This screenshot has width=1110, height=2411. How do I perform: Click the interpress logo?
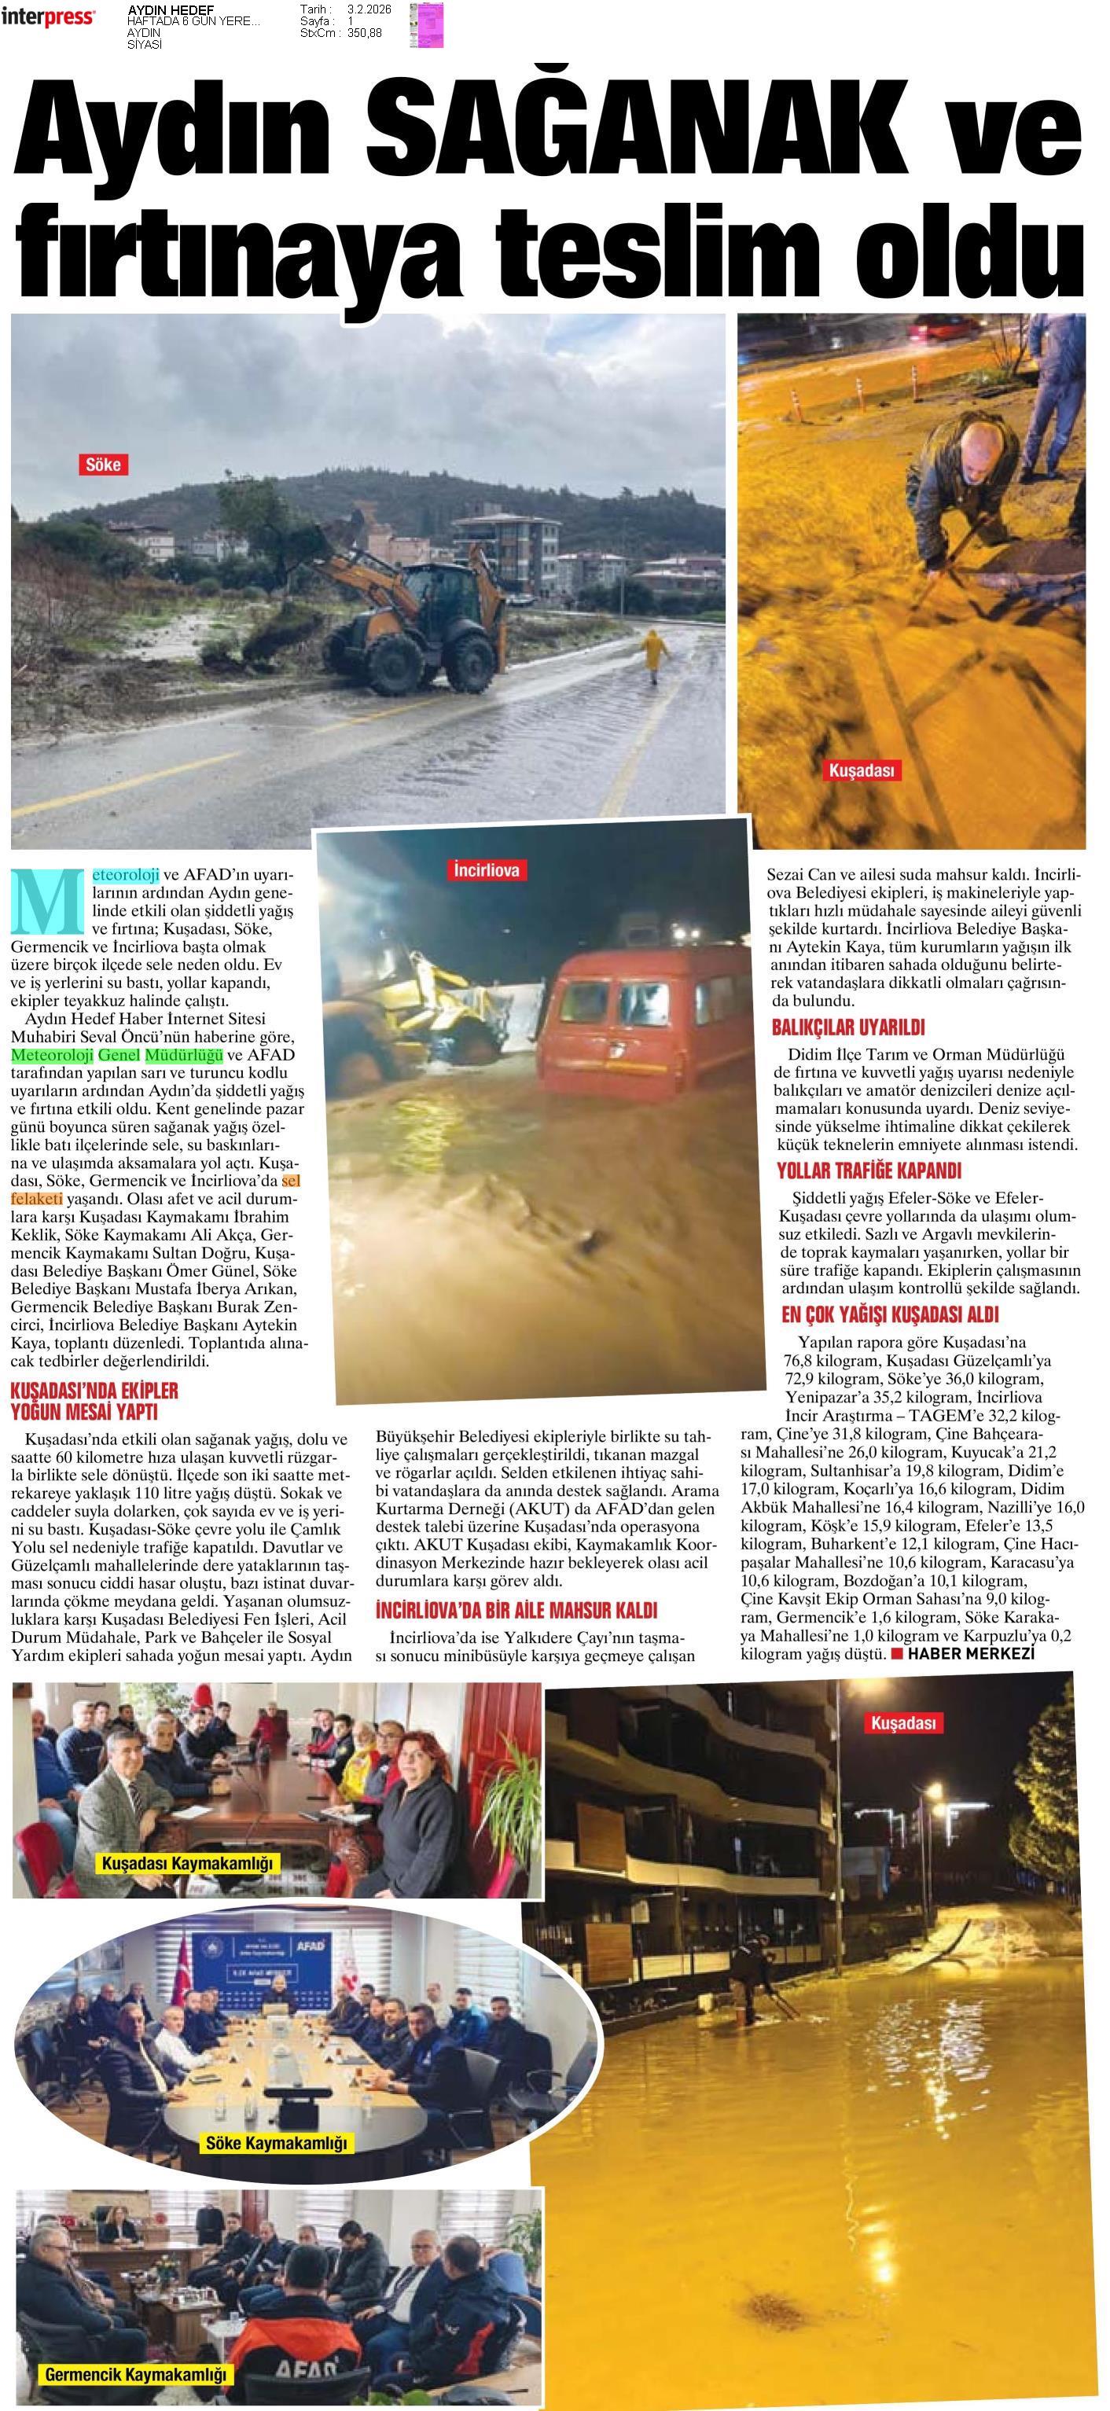pos(48,17)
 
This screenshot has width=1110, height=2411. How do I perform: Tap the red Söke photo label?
pos(103,465)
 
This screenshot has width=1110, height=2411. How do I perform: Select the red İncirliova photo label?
pos(486,870)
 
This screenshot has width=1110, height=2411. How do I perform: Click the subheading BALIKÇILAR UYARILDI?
pos(848,1027)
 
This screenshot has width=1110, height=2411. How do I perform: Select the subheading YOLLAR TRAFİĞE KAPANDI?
pos(869,1171)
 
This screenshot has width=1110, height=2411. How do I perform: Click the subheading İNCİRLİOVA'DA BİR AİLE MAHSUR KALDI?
pos(516,1610)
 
